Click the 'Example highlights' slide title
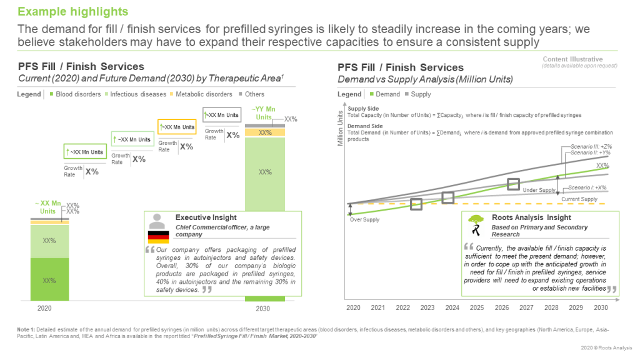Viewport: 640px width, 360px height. [74, 12]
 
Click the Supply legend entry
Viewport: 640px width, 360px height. [421, 94]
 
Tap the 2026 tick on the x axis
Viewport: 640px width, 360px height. [501, 308]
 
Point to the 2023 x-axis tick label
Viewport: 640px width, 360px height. [427, 308]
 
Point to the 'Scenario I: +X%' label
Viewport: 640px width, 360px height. [587, 187]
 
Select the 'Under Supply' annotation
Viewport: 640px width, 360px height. [538, 189]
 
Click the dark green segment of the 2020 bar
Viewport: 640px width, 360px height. [49, 279]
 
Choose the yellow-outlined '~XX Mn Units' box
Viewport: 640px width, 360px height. [176, 127]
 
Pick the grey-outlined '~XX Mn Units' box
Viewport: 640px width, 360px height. [222, 115]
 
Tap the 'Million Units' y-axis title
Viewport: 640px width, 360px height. [341, 128]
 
